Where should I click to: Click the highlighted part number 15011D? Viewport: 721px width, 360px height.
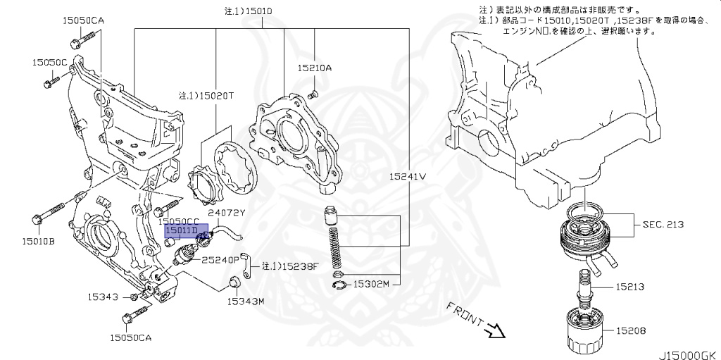click(x=181, y=230)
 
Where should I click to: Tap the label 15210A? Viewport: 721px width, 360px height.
click(x=314, y=68)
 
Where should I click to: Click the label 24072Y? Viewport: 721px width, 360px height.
click(x=226, y=212)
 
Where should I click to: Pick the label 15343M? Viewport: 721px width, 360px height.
click(x=244, y=302)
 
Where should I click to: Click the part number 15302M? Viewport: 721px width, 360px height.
click(x=370, y=285)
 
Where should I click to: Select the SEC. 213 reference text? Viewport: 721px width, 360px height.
click(x=664, y=225)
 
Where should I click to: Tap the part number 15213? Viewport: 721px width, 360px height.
click(x=630, y=287)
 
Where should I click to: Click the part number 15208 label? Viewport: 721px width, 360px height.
click(x=630, y=330)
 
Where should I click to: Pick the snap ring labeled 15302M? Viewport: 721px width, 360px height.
click(x=339, y=285)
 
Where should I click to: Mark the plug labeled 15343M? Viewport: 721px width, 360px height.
click(x=234, y=284)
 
